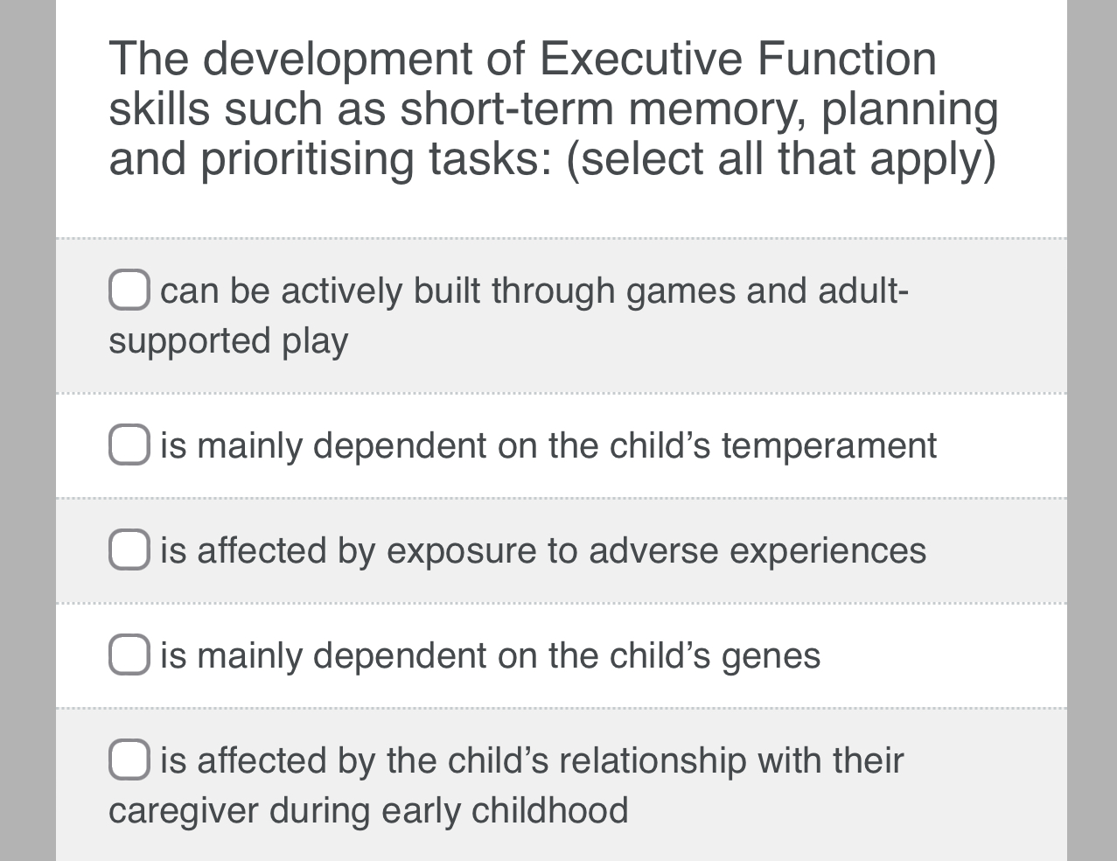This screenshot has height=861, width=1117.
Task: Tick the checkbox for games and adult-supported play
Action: click(129, 290)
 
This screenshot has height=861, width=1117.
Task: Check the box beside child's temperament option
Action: click(129, 445)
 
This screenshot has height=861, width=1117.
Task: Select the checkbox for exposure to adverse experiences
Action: click(129, 550)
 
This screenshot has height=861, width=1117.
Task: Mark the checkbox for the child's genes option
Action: click(129, 655)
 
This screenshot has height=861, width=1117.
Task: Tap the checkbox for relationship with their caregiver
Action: click(129, 759)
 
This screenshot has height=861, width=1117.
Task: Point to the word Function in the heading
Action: click(847, 59)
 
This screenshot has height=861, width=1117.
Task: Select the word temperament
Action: click(828, 446)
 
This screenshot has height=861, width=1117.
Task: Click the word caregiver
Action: click(183, 810)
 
